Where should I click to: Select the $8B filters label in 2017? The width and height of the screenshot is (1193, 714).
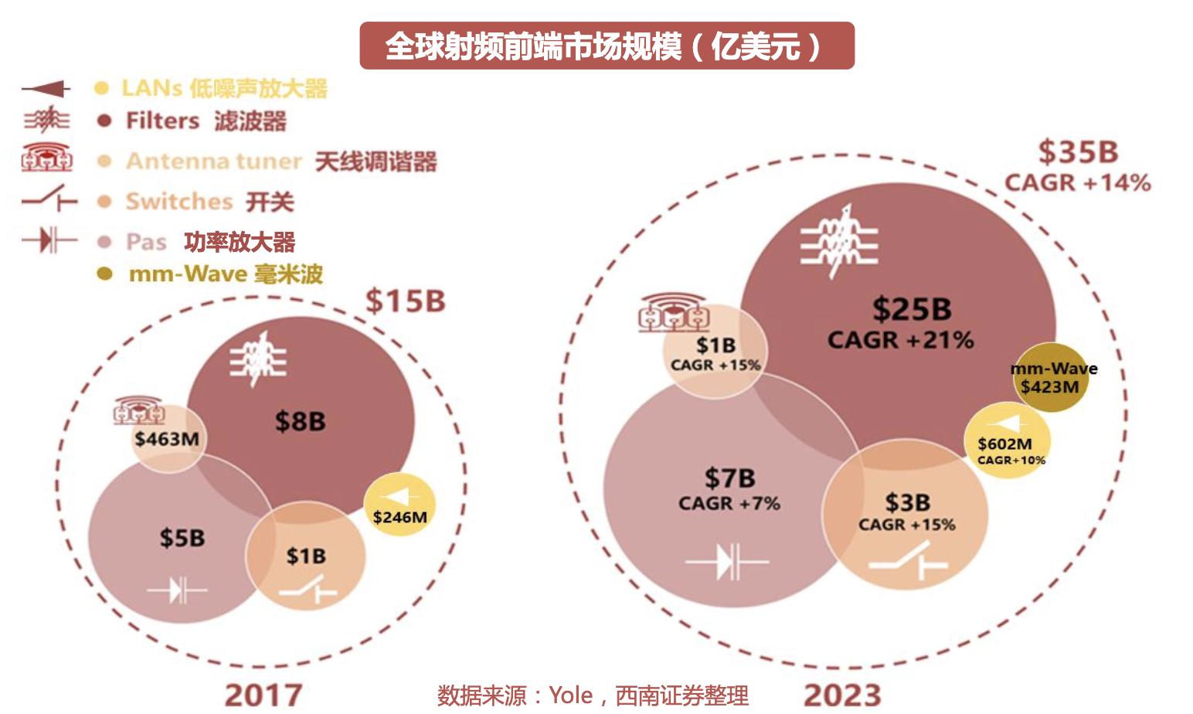pos(300,422)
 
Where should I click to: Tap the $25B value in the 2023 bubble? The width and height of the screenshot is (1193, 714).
pos(912,310)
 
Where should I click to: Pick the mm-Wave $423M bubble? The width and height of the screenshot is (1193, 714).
pos(1053,377)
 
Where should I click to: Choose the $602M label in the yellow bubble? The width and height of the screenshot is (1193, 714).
pos(1004,444)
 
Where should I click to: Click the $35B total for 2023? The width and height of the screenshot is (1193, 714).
pos(1078,152)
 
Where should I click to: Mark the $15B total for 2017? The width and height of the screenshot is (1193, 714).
pos(405,301)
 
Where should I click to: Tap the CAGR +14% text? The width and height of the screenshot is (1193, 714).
pos(1078,183)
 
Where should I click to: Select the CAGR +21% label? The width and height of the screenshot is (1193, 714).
pos(900,340)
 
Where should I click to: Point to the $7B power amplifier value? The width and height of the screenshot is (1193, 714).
pos(729,478)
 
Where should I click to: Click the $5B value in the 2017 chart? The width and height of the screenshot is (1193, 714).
pos(182,538)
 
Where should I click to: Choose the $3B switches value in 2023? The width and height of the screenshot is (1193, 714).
pos(907,503)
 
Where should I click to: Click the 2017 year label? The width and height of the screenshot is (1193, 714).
pos(263,695)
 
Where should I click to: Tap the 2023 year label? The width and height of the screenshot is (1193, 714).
pos(842,695)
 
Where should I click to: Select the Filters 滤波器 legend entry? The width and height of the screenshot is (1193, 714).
pos(206,121)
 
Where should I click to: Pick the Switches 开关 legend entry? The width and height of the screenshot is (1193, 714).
pos(209,202)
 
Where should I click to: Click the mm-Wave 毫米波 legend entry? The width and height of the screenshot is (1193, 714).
pos(225,274)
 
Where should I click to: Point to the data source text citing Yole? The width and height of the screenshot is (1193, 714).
pos(593,695)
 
